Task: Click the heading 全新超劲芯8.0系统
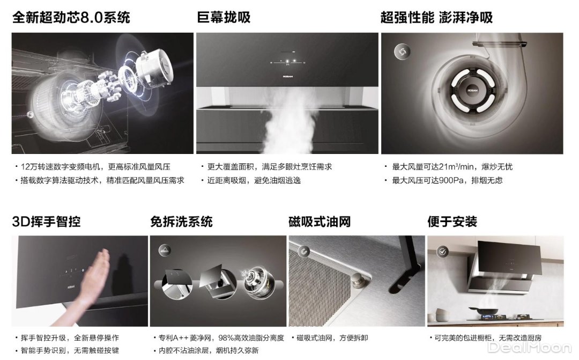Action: [x=71, y=17]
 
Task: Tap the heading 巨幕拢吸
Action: [x=224, y=17]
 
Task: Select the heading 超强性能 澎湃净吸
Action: [x=436, y=17]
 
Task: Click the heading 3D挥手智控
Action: [x=46, y=222]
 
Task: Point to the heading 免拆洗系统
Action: [x=181, y=222]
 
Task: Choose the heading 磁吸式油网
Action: [x=320, y=222]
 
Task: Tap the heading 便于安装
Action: [x=452, y=222]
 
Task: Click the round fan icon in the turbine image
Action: [x=402, y=52]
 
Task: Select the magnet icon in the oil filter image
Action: [x=303, y=252]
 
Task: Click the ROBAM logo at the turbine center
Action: [x=473, y=90]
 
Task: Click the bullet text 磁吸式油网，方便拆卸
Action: [x=332, y=338]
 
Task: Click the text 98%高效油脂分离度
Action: [x=251, y=338]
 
